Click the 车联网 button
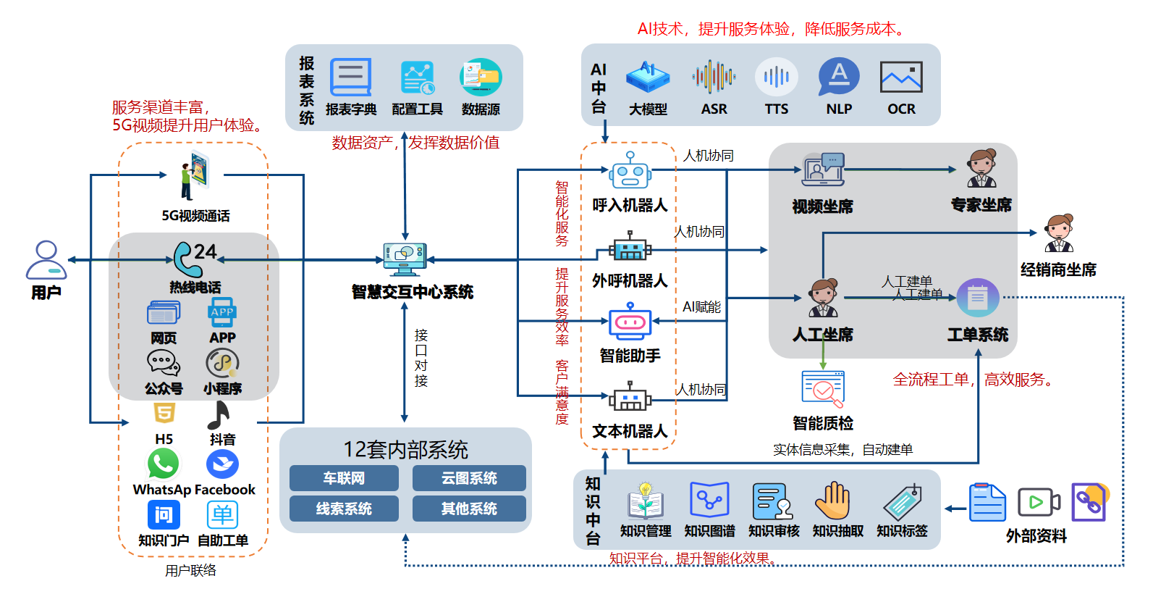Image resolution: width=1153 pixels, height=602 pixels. click(344, 478)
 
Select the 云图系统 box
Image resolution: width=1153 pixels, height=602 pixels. click(469, 478)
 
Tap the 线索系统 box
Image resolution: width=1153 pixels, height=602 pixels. click(344, 509)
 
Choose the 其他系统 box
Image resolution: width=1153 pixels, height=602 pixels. click(469, 509)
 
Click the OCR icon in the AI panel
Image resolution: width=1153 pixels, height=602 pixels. click(901, 78)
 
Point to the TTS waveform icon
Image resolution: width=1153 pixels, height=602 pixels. click(776, 77)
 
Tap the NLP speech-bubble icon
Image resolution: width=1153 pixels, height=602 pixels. click(838, 76)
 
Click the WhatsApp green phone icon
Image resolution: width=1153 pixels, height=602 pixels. click(163, 464)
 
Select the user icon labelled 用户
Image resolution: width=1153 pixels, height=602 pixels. click(46, 259)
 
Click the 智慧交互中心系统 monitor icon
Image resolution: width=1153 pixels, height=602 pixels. click(405, 258)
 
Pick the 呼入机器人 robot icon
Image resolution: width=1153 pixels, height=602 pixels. click(630, 172)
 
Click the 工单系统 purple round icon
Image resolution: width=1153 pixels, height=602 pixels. click(978, 298)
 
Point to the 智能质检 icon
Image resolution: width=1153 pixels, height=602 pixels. click(823, 389)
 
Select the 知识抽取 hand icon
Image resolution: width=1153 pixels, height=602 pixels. click(834, 501)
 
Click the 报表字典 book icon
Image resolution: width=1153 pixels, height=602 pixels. click(350, 78)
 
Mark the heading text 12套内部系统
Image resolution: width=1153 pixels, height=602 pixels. click(405, 450)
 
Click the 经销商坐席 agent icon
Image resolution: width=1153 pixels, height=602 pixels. click(1059, 233)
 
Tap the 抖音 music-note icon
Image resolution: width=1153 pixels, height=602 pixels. click(219, 415)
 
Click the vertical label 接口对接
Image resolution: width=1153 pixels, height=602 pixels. click(421, 358)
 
